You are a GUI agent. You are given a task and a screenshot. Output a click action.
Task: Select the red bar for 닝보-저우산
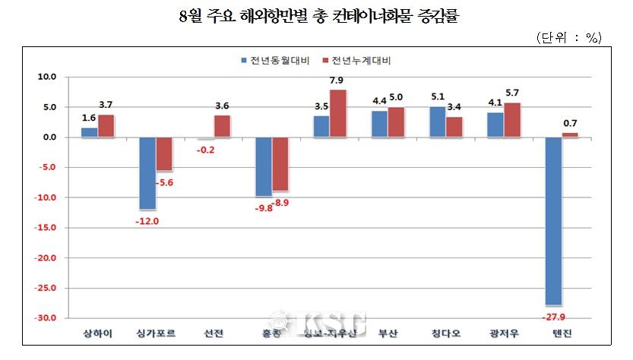(337, 114)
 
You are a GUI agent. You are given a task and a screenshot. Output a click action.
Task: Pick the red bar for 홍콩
(281, 164)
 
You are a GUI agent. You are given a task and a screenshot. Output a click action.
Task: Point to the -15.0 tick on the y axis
(48, 228)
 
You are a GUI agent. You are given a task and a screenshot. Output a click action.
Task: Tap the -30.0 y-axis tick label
(48, 318)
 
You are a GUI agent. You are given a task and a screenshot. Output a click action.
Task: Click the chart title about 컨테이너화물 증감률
(316, 16)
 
